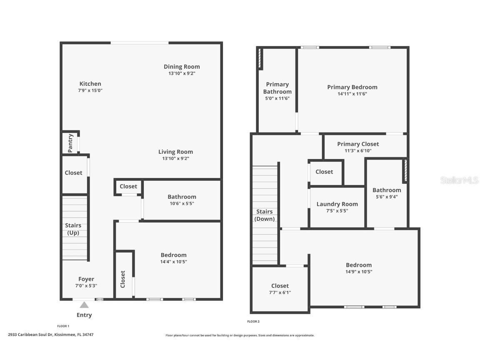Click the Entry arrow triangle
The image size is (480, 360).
[84, 305]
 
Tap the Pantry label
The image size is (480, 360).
[70, 143]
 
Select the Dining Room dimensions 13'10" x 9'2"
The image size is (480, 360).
[182, 73]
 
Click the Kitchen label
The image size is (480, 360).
[90, 84]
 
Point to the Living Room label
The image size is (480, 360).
[176, 152]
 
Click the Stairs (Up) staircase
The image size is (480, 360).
[75, 228]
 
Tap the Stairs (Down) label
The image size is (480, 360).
[265, 215]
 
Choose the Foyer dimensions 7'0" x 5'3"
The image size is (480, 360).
[86, 286]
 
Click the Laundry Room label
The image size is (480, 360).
[337, 204]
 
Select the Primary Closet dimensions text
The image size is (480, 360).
[358, 150]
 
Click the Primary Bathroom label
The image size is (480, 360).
[277, 88]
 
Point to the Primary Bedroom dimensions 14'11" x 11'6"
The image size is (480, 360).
[352, 94]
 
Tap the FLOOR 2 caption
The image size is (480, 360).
[253, 321]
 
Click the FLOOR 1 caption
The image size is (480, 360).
[63, 326]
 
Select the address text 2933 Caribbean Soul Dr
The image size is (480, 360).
[30, 335]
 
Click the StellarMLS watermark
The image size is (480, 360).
[460, 180]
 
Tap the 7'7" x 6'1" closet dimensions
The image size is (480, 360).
[280, 292]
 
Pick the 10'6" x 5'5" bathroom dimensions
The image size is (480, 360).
[182, 204]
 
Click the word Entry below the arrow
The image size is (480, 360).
[84, 315]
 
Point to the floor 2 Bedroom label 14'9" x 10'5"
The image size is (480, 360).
[359, 268]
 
